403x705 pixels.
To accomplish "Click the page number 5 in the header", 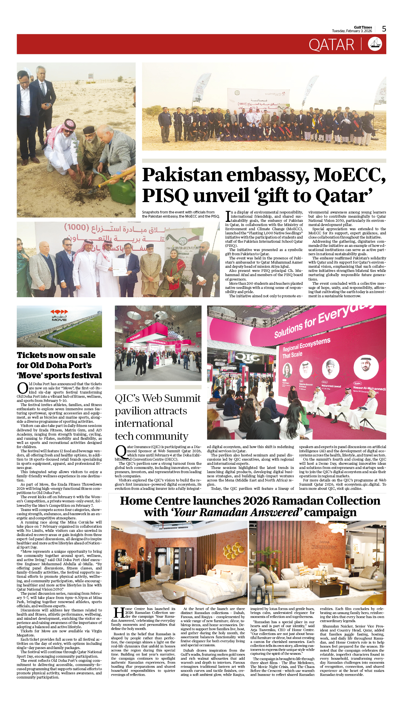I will [x=384, y=29].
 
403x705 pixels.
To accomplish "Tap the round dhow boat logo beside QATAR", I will [x=375, y=44].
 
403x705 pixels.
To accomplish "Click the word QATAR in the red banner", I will [x=331, y=45].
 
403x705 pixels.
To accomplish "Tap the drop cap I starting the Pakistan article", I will [x=228, y=216].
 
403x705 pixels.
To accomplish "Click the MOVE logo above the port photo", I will [x=59, y=315].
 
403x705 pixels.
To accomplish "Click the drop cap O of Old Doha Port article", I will [x=22, y=388].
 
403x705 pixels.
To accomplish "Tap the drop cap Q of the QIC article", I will [x=121, y=451].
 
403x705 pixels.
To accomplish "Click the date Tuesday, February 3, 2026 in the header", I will [x=352, y=31].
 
